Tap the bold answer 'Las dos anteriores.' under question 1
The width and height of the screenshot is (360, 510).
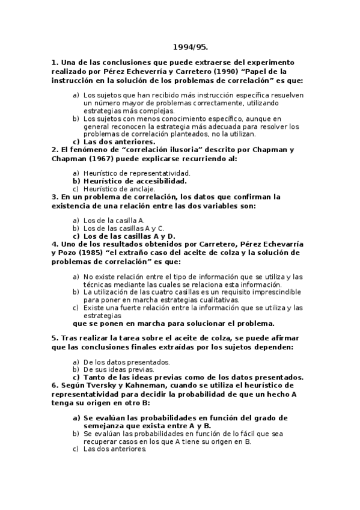click(x=115, y=142)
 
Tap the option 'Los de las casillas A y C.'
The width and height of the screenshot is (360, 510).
click(x=123, y=229)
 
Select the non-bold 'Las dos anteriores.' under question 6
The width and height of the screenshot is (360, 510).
click(x=115, y=449)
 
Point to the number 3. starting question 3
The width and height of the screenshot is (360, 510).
click(x=55, y=197)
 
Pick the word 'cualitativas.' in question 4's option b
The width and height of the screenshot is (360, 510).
click(x=217, y=300)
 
